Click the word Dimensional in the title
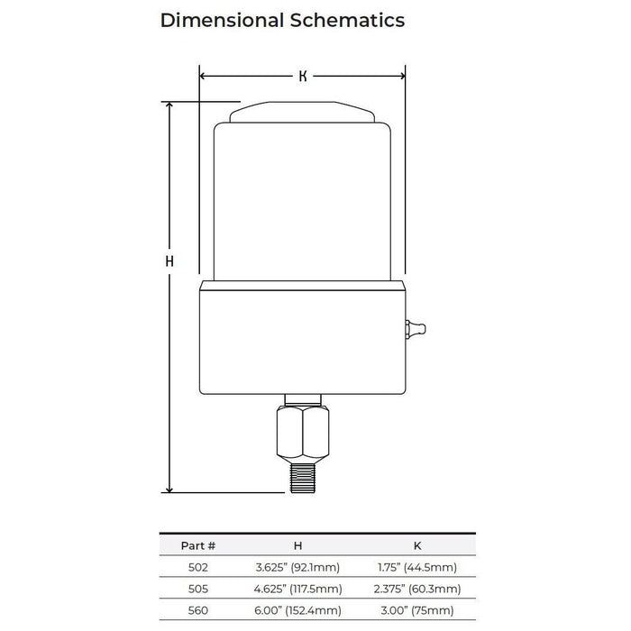click(x=222, y=20)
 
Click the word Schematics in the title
click(x=347, y=20)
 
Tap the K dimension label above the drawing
click(x=303, y=76)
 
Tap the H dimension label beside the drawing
click(x=169, y=261)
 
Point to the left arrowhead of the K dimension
click(x=203, y=76)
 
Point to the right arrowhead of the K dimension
click(x=401, y=76)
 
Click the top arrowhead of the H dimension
click(x=169, y=105)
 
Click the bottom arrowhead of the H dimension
click(x=169, y=489)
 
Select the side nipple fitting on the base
click(x=416, y=329)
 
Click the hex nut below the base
click(x=303, y=434)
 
